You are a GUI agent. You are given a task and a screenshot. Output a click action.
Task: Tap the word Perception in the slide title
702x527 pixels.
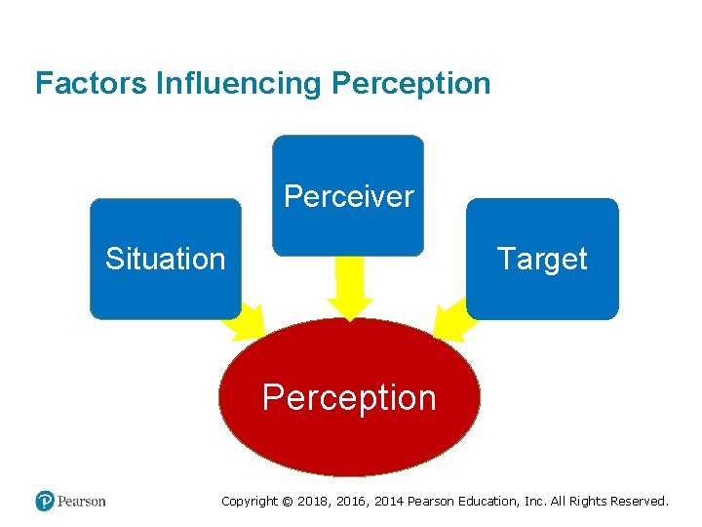[x=410, y=83]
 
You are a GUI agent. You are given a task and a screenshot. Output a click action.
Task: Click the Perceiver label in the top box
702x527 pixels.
[x=348, y=196]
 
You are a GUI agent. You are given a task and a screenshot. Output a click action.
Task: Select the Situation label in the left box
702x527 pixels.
[x=165, y=259]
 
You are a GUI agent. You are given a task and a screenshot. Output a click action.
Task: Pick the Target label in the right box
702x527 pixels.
[x=541, y=259]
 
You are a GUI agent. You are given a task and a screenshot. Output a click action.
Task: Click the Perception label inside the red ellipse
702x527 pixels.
[x=349, y=397]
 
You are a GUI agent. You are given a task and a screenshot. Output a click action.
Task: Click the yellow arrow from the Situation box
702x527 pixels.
[x=249, y=321]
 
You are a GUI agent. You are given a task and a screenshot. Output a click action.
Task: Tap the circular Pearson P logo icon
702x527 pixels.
[x=45, y=501]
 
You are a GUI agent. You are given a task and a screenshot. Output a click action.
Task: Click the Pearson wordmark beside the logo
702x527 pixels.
[x=81, y=502]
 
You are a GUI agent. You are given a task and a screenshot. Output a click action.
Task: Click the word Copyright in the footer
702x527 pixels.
[x=250, y=502]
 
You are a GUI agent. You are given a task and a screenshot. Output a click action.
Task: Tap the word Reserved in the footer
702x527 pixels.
[x=639, y=502]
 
